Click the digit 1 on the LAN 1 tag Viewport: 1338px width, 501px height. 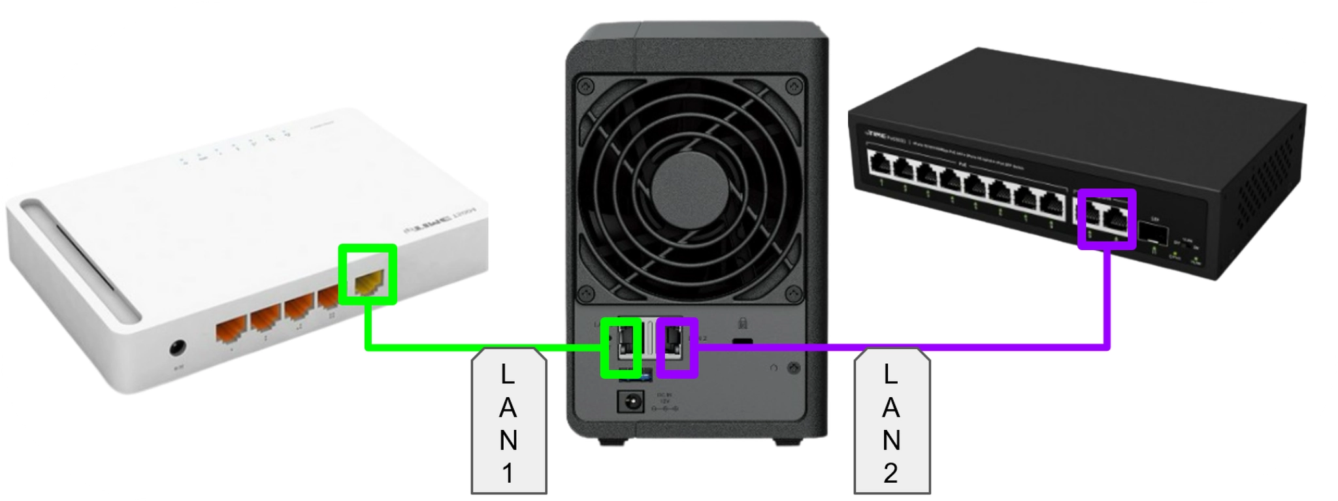pos(508,472)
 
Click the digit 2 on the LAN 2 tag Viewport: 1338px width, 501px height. pos(891,472)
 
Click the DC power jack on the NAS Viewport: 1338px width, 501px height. pos(630,401)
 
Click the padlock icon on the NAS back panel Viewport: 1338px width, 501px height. pos(742,322)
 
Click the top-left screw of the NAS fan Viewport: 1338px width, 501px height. pos(586,84)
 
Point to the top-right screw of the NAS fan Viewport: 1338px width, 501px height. pos(794,85)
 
